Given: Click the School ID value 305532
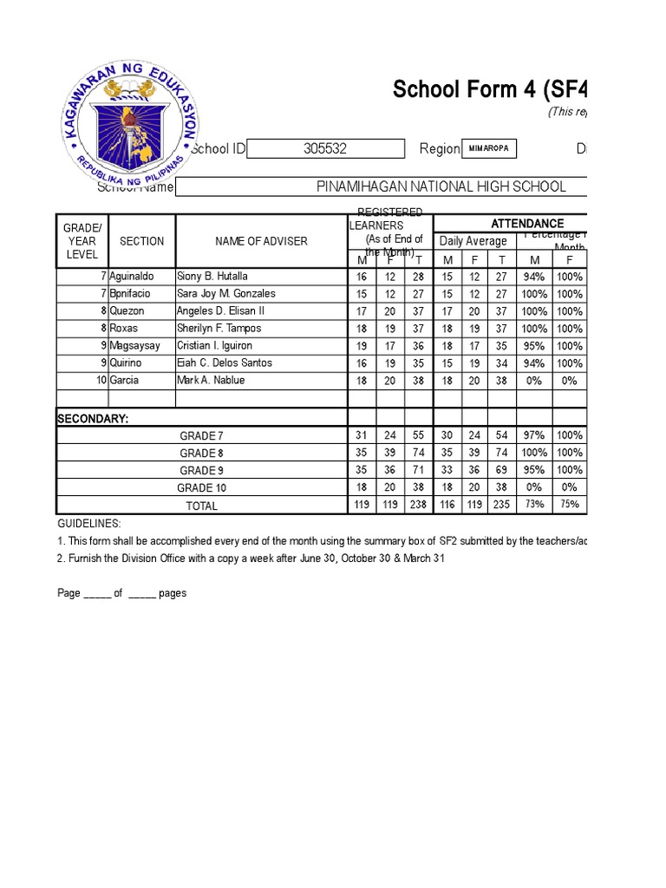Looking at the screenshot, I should [325, 149].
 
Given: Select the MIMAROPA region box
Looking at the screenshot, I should [489, 149].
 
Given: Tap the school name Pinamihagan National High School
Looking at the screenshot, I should [441, 186].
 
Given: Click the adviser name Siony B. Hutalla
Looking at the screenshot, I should [212, 277].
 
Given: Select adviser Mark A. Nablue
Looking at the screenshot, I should [211, 381].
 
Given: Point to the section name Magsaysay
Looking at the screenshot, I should [134, 346].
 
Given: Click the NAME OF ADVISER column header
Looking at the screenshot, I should [261, 241].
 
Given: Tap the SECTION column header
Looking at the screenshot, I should [141, 241].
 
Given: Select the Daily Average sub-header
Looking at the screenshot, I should [473, 241].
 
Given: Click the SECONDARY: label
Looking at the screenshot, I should [93, 419].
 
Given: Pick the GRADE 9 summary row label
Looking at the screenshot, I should [201, 471].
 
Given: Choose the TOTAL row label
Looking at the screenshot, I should [201, 506].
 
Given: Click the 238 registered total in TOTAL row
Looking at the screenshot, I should [418, 505].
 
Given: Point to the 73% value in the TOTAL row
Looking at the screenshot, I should [534, 505].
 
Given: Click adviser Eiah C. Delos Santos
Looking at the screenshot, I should [225, 363].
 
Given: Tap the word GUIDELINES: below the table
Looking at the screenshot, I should [89, 525].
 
